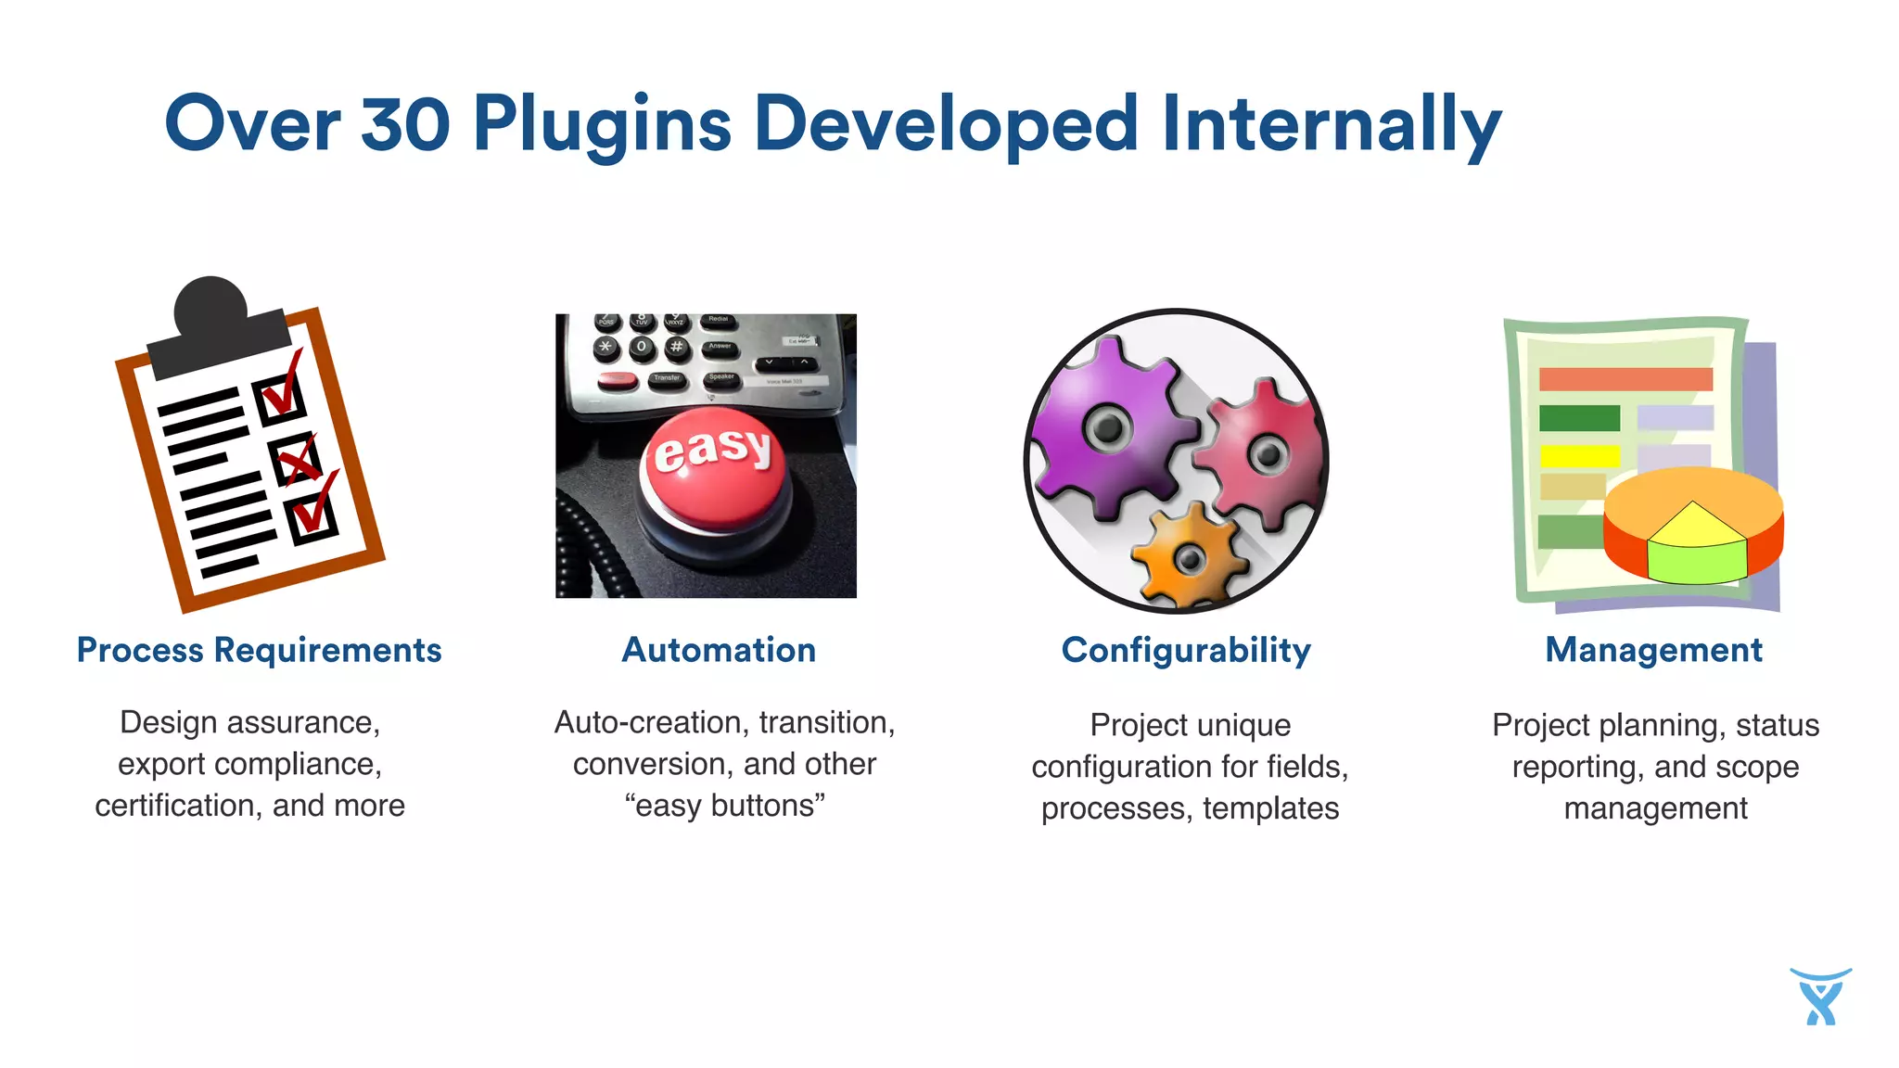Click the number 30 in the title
tap(405, 123)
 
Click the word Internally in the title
tap(1331, 123)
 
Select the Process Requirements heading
tap(259, 650)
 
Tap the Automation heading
tap(719, 650)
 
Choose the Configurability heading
tap(1186, 650)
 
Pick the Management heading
tap(1653, 650)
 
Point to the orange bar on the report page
tap(1625, 378)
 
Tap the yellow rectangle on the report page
tap(1579, 456)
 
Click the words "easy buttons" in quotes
tap(725, 806)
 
